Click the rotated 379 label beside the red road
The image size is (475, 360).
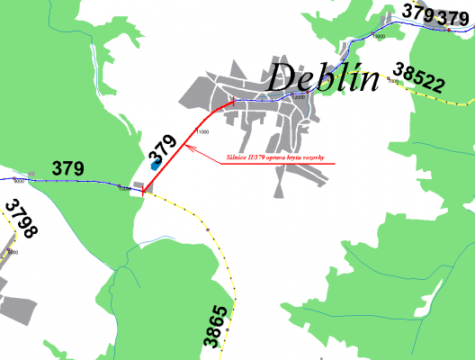(163, 146)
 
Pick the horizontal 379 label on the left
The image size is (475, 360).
(67, 168)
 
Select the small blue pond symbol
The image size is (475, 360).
(155, 164)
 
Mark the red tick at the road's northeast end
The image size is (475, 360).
(232, 100)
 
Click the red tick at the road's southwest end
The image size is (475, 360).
(143, 191)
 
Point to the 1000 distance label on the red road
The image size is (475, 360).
(202, 132)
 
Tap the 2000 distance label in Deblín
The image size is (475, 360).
(298, 97)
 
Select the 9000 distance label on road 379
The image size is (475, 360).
(20, 184)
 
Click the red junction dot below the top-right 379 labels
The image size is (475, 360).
(447, 30)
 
